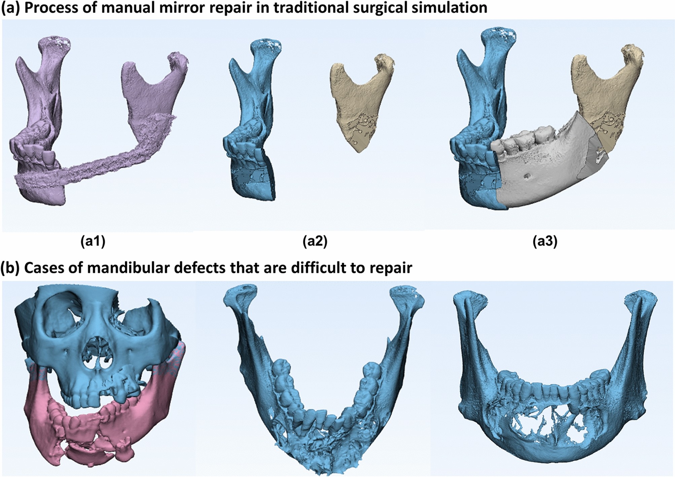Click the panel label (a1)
(x=93, y=241)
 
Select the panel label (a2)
(x=315, y=241)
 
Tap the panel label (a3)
(x=545, y=241)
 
